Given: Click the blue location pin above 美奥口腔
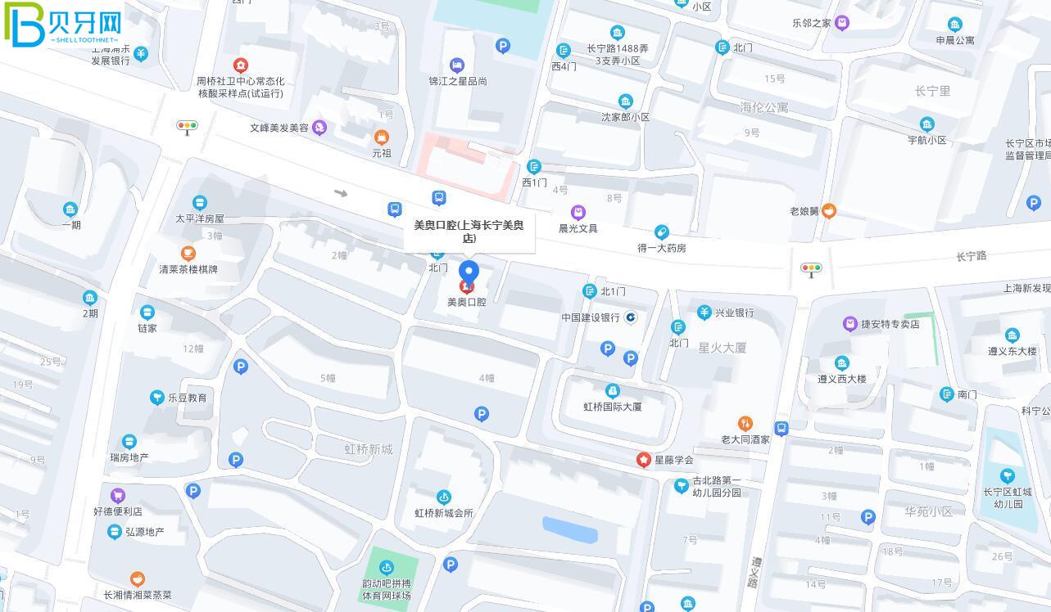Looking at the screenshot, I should pos(469,272).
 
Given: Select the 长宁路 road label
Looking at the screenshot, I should pos(971,256).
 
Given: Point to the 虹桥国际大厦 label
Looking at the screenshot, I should pos(612,407).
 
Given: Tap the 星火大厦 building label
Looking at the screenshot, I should pos(722,348).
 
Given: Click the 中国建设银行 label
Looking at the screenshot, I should pos(590,317).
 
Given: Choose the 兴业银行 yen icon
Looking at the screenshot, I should pos(704,312).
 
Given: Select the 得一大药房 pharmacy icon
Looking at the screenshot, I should pos(661,232).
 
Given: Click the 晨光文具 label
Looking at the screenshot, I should pos(578,228).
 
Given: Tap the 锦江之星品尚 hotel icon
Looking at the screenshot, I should pos(457,65).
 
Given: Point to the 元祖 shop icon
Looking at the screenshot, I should pos(381,137).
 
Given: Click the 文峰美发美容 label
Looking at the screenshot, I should pos(279,128).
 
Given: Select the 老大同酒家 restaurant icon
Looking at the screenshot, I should pos(745,423).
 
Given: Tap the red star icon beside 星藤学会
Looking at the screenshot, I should pos(644,460).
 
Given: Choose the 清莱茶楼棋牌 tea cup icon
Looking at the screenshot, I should pos(188,254).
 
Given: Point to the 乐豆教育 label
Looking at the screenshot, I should pos(187,398).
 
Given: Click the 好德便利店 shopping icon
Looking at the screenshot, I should pos(118,495).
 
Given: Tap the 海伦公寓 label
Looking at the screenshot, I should pos(763,107).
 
